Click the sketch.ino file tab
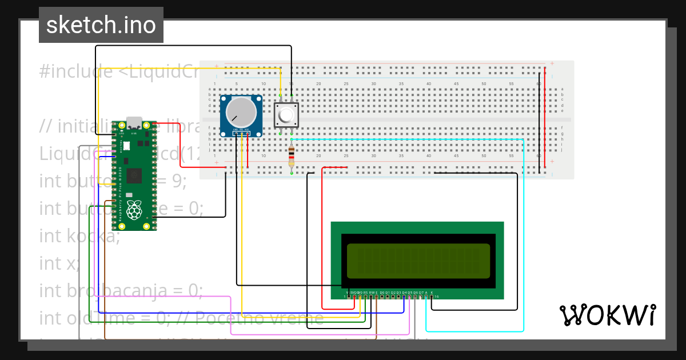point(101,25)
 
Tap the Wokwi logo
point(607,315)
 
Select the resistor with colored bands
point(292,155)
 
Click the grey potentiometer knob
point(241,113)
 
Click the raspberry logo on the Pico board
point(134,210)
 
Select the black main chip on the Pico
point(135,175)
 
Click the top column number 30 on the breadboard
point(374,84)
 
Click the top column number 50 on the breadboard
point(484,84)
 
